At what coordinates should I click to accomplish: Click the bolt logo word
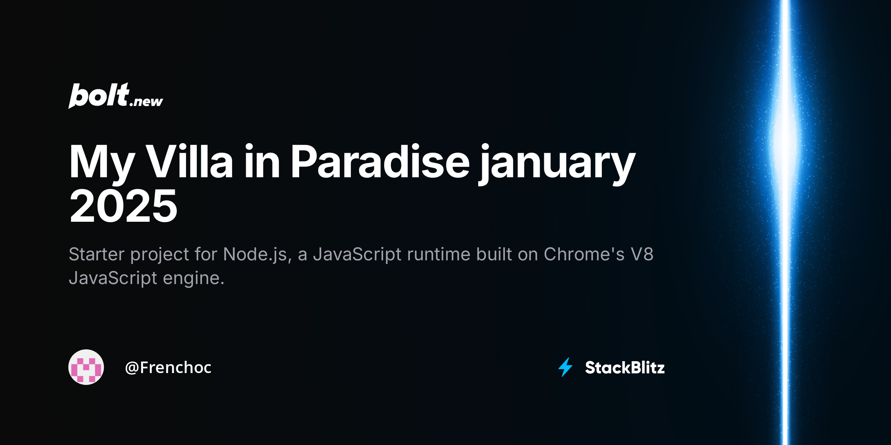tap(99, 95)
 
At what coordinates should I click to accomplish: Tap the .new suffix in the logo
tap(146, 102)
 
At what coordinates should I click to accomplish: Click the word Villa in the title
tap(189, 162)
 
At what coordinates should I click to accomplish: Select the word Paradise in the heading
tap(380, 162)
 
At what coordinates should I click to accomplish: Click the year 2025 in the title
tap(123, 206)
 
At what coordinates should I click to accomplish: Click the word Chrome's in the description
tap(584, 254)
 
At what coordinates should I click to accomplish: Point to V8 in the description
tap(642, 254)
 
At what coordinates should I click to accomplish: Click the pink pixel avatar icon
tap(86, 367)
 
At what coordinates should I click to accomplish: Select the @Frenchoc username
tap(168, 367)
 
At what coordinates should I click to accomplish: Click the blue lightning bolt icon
tap(565, 367)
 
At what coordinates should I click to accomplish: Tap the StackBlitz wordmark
tap(625, 367)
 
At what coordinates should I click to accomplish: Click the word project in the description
tap(160, 256)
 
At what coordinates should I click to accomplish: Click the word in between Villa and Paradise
tap(262, 162)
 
